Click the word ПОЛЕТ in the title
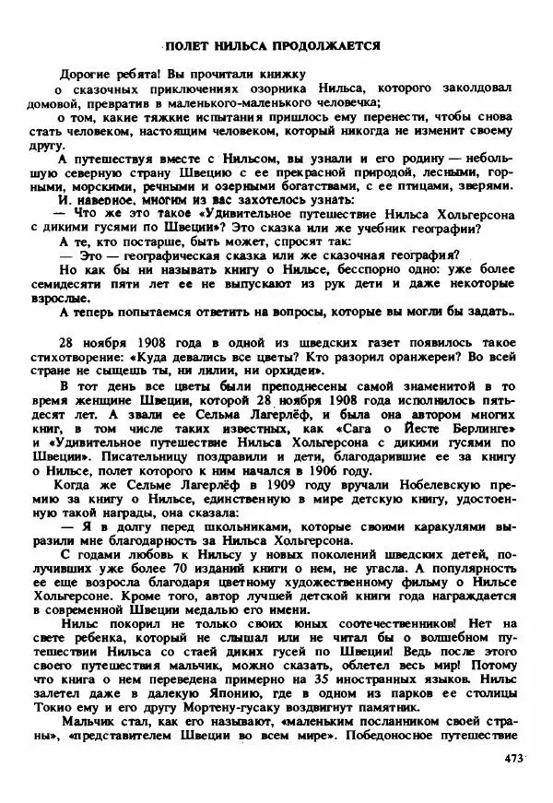[x=188, y=45]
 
